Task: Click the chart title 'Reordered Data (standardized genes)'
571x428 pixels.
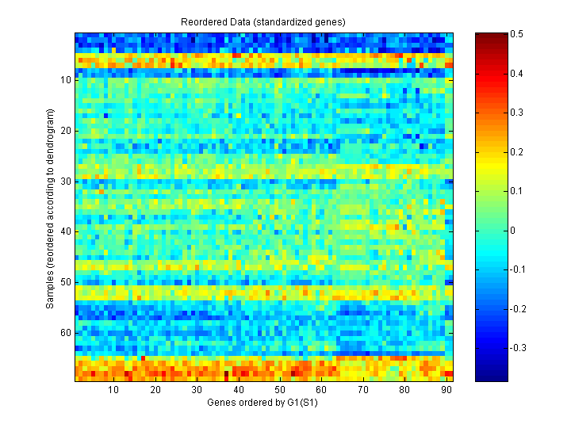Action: [263, 21]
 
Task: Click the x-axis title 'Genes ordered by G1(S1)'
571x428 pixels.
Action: [263, 403]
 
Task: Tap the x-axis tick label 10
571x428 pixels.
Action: [113, 390]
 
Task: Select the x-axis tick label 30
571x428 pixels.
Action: [197, 390]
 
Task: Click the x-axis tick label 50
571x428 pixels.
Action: [279, 390]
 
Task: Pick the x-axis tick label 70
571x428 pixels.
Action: [362, 390]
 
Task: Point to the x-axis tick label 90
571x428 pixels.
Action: [445, 390]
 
